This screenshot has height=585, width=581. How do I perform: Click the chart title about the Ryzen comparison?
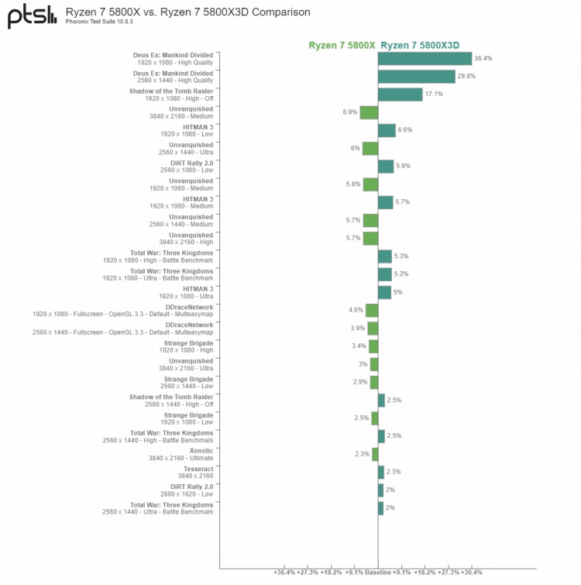[x=188, y=12]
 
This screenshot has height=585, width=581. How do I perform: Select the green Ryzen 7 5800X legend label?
[x=342, y=45]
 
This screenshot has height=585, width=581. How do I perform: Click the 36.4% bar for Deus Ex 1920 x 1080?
[x=425, y=58]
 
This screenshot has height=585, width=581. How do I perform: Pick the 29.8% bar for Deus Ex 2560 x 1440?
[x=416, y=76]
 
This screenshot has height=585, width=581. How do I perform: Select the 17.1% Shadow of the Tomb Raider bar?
[x=400, y=94]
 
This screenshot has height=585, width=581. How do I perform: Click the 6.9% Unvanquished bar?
[x=369, y=112]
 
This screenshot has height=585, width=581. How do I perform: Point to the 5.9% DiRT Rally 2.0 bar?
[x=386, y=166]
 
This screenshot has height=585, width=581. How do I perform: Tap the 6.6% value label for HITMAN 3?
[x=404, y=130]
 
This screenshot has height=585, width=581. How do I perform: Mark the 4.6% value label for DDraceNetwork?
[x=356, y=310]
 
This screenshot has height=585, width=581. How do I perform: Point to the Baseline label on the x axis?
[x=378, y=573]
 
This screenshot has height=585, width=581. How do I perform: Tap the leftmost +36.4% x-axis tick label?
[x=285, y=573]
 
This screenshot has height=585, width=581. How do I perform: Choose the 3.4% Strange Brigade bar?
[x=373, y=346]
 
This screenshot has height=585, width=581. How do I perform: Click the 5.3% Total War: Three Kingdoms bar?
[x=385, y=256]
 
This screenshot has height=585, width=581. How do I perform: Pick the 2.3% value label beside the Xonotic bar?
[x=362, y=454]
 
